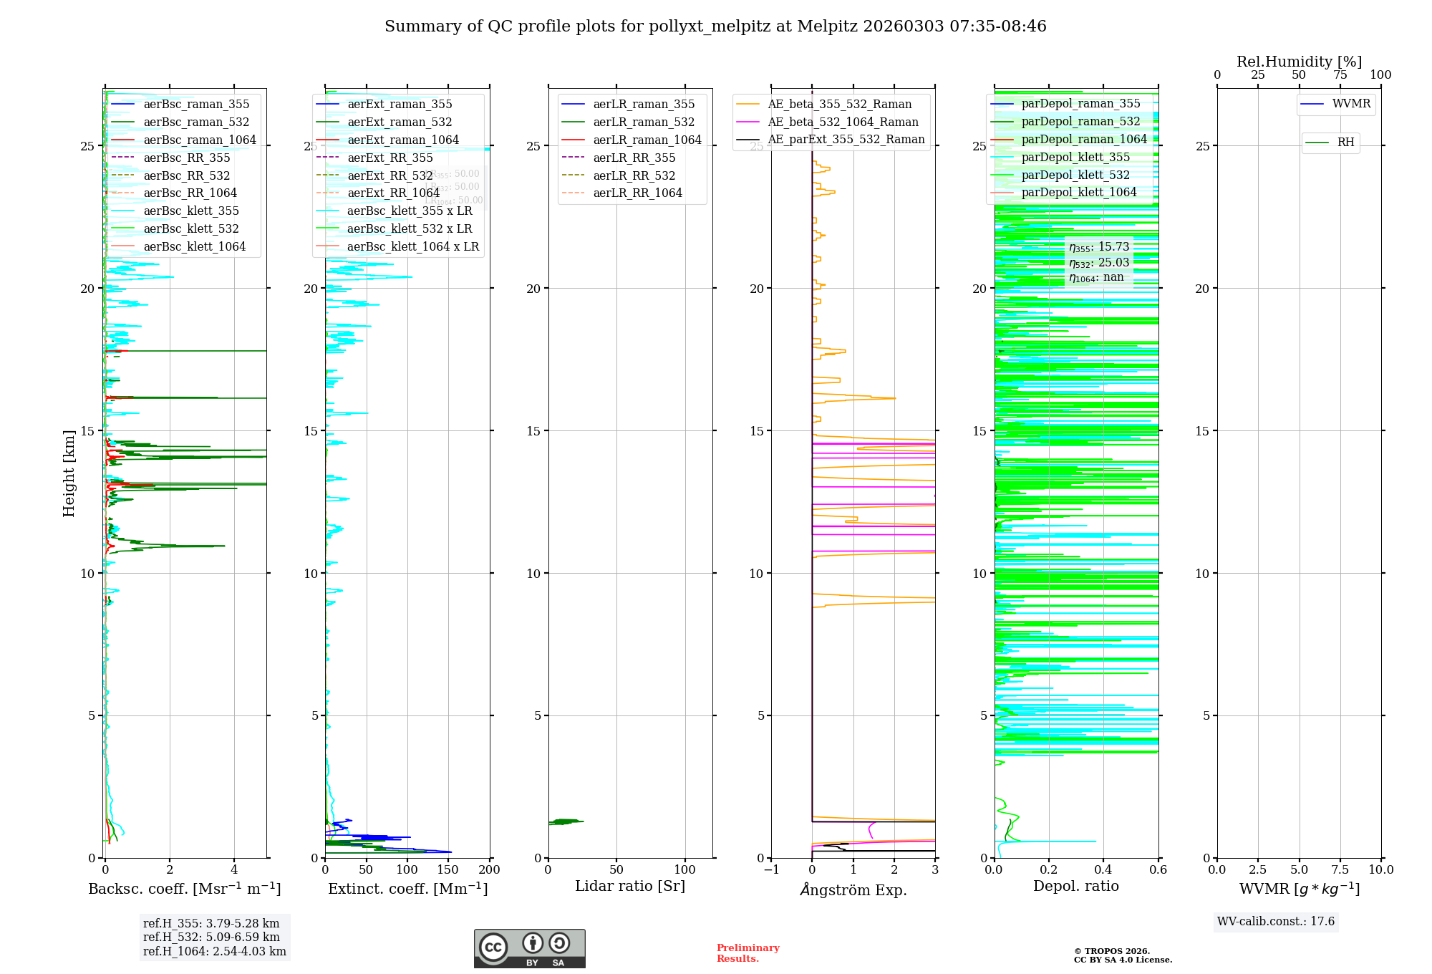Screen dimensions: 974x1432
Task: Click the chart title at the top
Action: pos(715,26)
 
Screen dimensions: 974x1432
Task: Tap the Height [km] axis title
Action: pos(69,473)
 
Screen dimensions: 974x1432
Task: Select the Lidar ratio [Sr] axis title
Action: pos(630,886)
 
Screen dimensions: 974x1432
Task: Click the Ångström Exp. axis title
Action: pos(853,889)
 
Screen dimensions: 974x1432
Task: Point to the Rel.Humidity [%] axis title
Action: pos(1299,62)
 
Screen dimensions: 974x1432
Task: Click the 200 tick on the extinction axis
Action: pos(490,869)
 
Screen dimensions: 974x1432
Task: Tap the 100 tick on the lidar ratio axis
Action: pos(685,869)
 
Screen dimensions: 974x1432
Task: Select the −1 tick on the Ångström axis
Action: pos(771,869)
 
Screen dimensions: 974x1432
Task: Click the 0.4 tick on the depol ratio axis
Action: pos(1103,869)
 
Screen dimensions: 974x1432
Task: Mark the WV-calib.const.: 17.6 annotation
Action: pos(1276,921)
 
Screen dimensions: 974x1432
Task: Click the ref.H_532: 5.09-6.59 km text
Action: pos(211,937)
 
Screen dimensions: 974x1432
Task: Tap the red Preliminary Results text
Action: pos(748,953)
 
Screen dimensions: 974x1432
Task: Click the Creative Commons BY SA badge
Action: pos(529,948)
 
